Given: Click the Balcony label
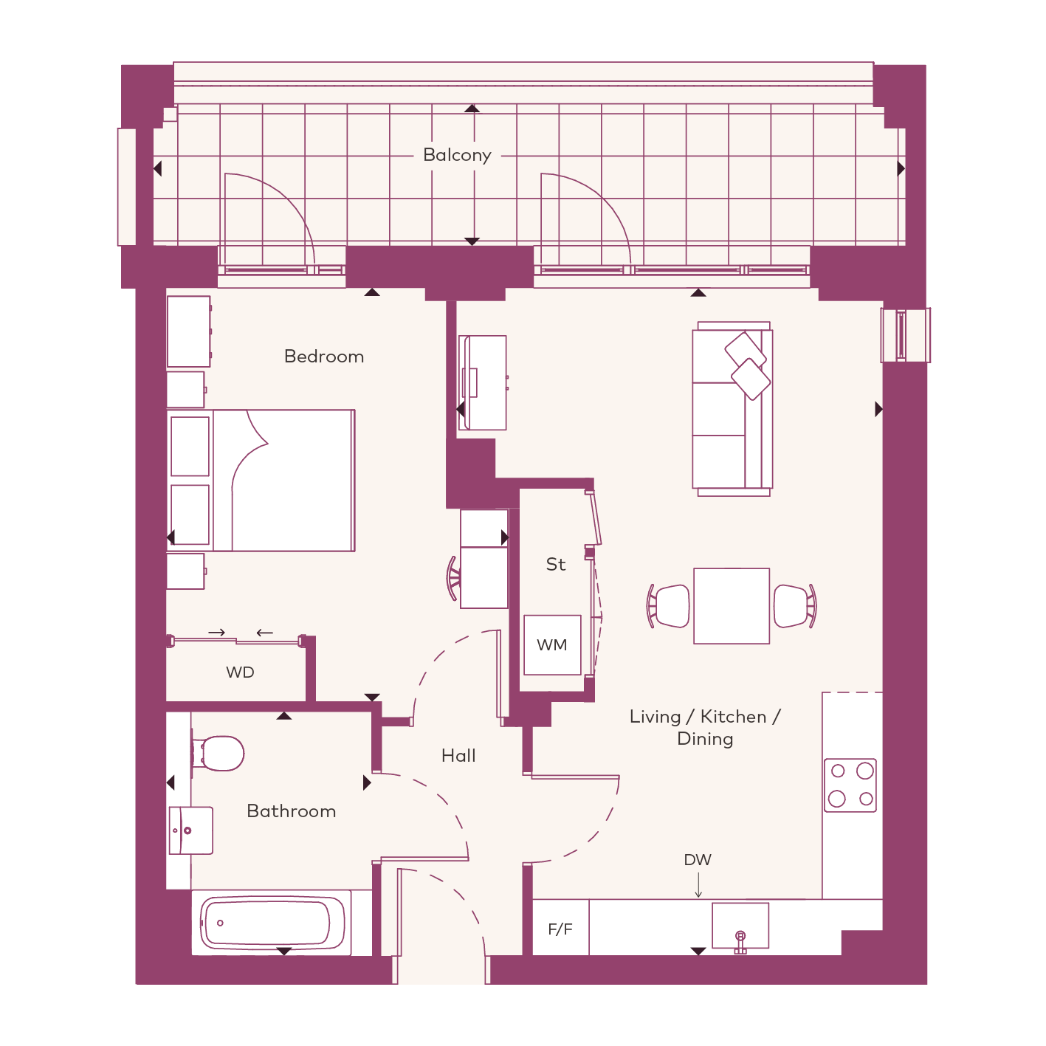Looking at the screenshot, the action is [457, 155].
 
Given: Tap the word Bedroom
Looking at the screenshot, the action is [324, 357].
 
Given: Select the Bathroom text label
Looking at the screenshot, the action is [292, 811].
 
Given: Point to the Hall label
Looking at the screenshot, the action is [458, 756].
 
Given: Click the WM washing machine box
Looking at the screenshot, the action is [552, 645].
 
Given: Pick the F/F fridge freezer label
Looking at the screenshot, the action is [560, 929].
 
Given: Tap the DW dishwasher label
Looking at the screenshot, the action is [698, 860].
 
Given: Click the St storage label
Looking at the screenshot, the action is [556, 565].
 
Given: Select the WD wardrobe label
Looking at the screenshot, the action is [240, 672].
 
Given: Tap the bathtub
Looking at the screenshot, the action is [272, 923].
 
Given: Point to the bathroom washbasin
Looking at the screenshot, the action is [190, 830].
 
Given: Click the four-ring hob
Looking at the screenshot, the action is [850, 785].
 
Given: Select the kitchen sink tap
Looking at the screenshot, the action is [741, 943].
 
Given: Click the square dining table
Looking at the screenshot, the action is [732, 606].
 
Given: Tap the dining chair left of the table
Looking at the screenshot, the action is [669, 606].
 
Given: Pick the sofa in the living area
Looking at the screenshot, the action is [732, 409].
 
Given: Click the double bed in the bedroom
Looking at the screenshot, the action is [261, 481].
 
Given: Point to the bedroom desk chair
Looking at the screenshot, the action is [454, 578].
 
